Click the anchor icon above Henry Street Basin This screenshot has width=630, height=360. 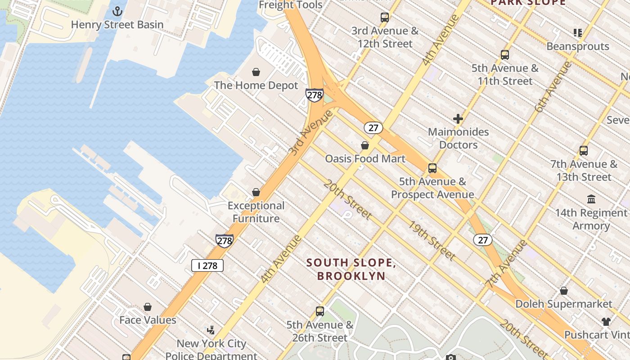pos(117,11)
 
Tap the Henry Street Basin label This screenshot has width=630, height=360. pos(117,25)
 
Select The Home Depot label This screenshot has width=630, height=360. pos(256,85)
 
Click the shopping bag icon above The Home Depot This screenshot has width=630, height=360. pos(256,72)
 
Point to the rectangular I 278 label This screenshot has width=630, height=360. pos(207,265)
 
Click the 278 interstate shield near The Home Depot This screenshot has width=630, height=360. pos(314,95)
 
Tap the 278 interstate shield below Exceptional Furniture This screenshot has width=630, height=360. pos(224,241)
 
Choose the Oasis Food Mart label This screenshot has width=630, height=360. pos(365,159)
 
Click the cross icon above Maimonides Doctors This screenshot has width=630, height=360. pos(458,119)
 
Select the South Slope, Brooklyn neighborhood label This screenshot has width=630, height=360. pos(351,269)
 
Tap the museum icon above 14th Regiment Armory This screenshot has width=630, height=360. pos(591,199)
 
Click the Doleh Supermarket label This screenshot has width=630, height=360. pos(564,304)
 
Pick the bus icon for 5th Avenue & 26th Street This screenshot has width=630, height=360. pos(320,311)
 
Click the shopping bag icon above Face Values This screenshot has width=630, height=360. pos(148,307)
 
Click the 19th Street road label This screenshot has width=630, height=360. pos(432,240)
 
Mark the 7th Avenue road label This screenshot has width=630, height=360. pos(506,264)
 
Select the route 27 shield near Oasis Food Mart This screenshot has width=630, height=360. pos(373,128)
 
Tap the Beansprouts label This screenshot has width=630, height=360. pos(578,46)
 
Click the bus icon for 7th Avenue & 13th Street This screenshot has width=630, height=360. pos(584,151)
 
